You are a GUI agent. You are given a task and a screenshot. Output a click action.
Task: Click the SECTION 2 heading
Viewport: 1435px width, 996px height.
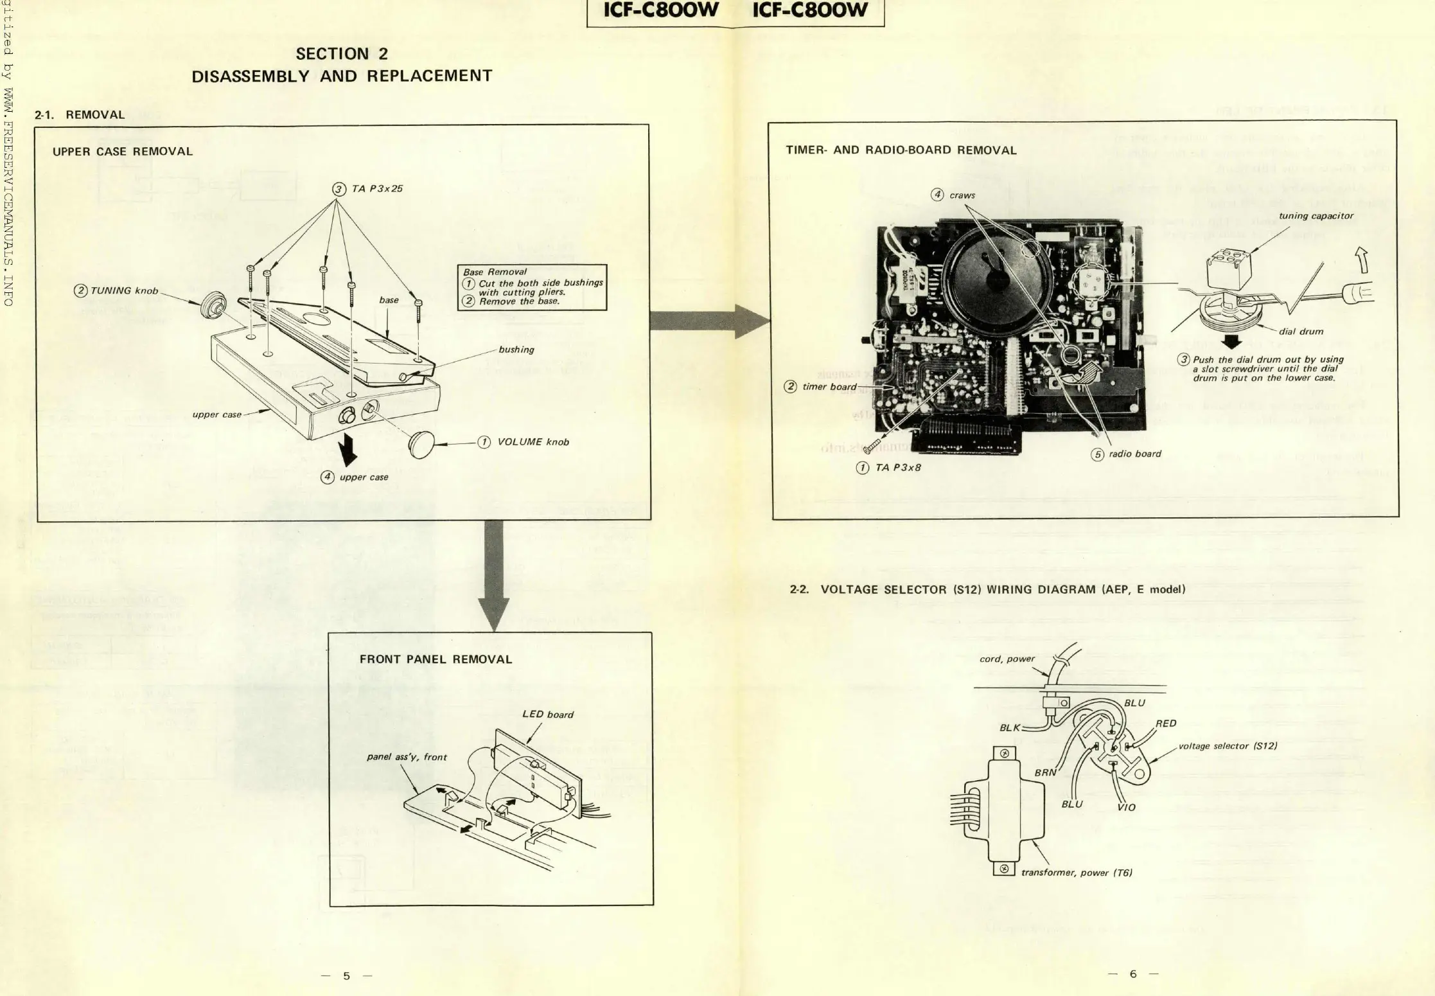click(x=341, y=54)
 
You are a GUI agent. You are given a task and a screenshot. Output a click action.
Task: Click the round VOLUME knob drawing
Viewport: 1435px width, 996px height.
click(x=422, y=444)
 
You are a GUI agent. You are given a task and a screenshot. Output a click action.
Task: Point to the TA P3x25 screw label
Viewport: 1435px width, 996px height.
click(x=376, y=189)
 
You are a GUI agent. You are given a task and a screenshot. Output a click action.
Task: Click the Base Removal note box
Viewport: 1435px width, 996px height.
click(x=532, y=287)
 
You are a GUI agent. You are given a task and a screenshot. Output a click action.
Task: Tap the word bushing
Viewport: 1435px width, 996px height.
click(x=516, y=350)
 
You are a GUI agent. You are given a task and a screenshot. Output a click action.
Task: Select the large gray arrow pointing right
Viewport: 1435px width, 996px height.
click(x=710, y=321)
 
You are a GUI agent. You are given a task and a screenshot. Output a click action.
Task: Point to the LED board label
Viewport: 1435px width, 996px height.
click(x=547, y=715)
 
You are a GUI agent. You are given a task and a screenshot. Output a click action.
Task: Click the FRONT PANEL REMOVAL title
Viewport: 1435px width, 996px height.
click(x=436, y=659)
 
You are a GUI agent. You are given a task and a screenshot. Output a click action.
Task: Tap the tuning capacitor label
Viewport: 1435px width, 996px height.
click(x=1316, y=216)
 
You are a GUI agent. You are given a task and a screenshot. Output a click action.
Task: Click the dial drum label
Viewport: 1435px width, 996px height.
click(x=1301, y=332)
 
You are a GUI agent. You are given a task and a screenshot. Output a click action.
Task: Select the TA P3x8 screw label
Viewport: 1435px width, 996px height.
click(x=897, y=468)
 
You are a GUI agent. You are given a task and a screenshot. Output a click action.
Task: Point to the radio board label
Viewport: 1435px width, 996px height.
click(x=1134, y=454)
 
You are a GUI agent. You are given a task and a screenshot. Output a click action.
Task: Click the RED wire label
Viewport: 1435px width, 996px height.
click(x=1166, y=724)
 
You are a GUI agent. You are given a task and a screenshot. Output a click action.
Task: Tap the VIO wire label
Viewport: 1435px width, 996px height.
click(x=1126, y=807)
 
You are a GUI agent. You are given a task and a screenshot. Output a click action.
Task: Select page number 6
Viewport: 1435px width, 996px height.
click(x=1133, y=974)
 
